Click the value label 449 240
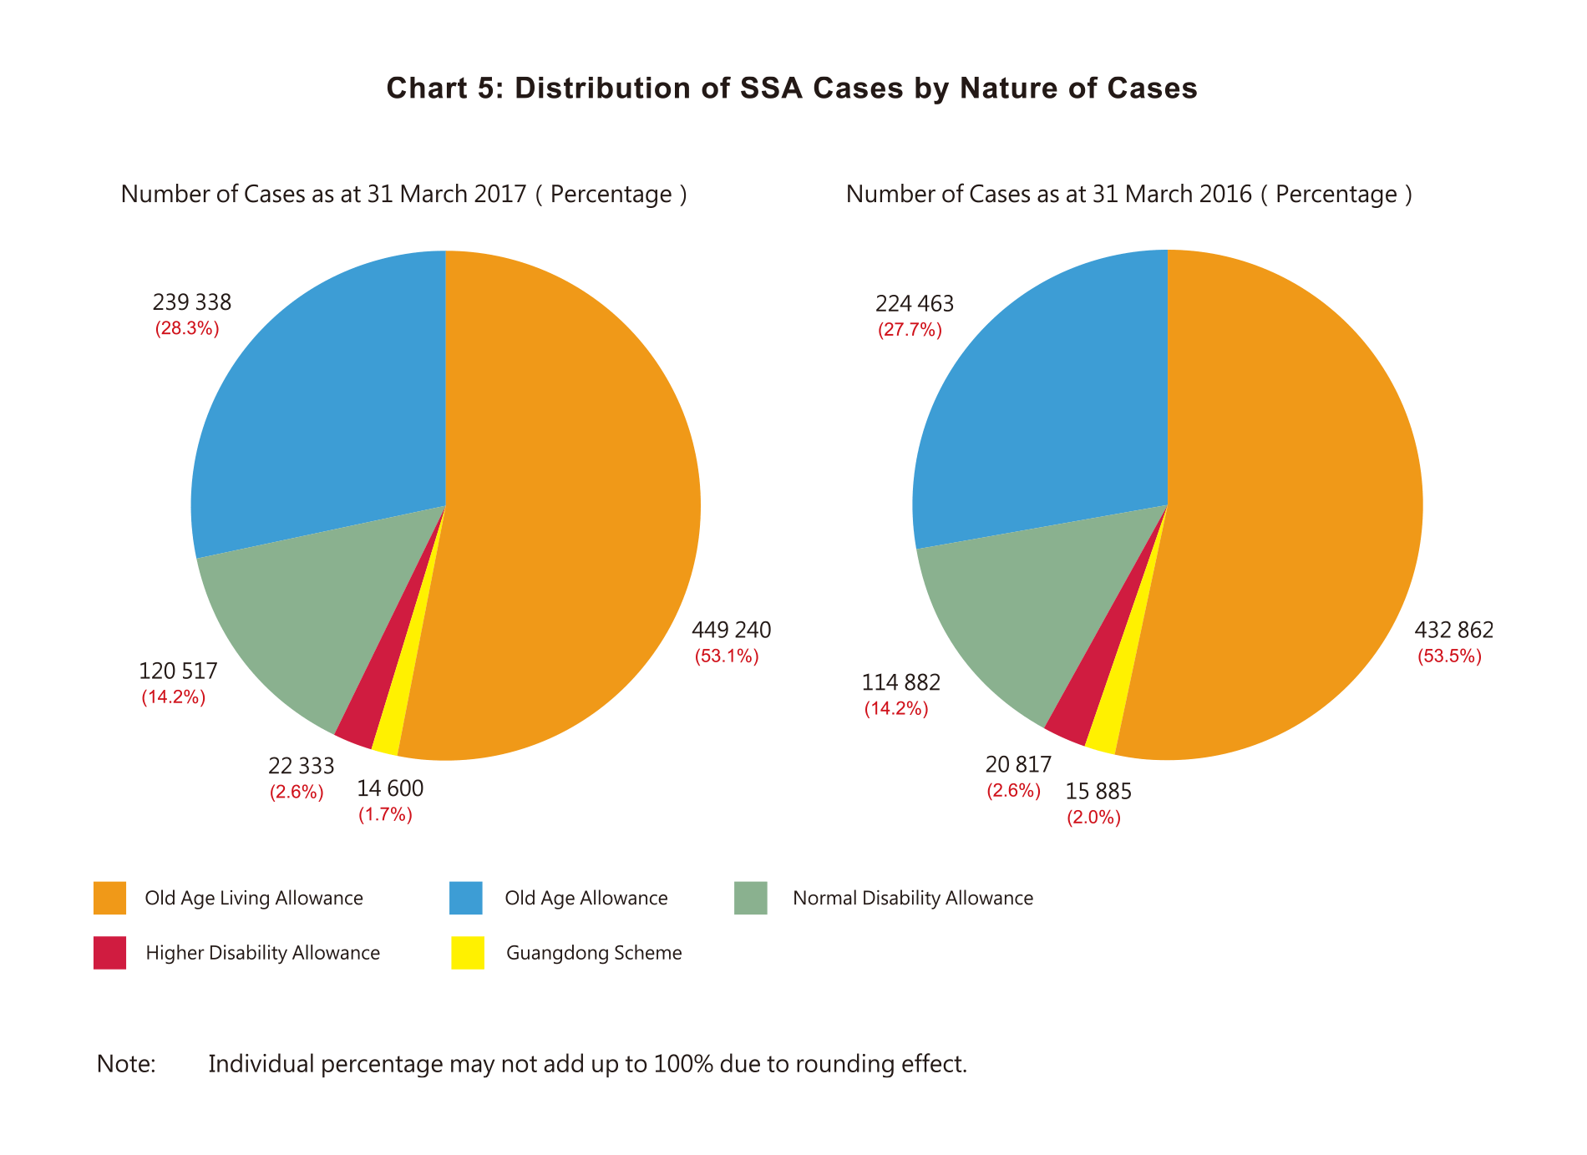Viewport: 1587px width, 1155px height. click(x=731, y=630)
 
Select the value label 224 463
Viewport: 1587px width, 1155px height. click(x=914, y=304)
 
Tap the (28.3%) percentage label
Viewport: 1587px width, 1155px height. click(x=187, y=329)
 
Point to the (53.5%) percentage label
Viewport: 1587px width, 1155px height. click(x=1449, y=656)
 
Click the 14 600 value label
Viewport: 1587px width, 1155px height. click(x=390, y=788)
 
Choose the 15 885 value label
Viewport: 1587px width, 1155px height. click(x=1098, y=791)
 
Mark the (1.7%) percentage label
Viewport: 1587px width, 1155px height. click(x=385, y=815)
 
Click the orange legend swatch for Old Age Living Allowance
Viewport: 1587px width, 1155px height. click(x=109, y=898)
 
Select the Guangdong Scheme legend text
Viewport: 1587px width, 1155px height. click(x=594, y=953)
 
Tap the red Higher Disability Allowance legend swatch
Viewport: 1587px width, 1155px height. click(x=109, y=953)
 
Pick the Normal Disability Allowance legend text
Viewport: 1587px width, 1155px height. click(x=912, y=899)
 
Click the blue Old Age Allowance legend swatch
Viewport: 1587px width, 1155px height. click(x=466, y=898)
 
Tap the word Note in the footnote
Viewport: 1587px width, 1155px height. click(x=126, y=1064)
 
